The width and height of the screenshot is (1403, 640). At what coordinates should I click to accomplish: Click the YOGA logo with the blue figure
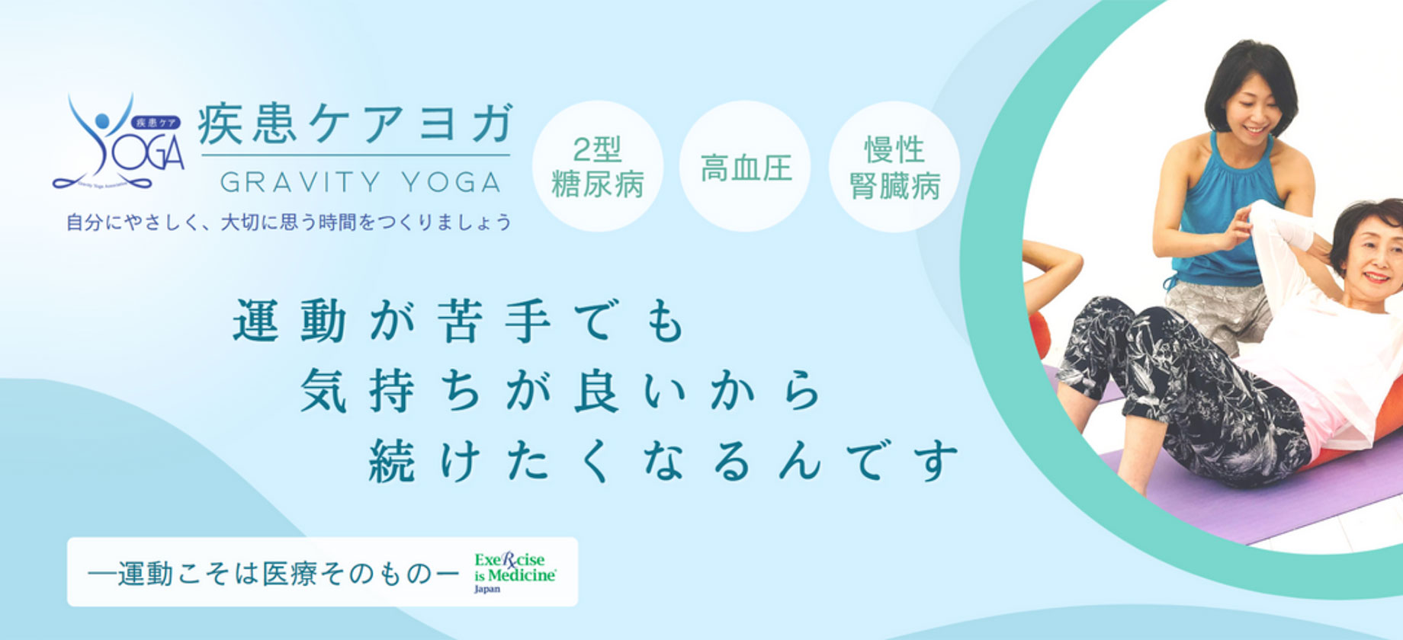click(118, 145)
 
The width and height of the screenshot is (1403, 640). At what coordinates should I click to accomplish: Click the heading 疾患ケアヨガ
click(355, 124)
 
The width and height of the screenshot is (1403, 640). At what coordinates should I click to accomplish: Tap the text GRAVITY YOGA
click(361, 182)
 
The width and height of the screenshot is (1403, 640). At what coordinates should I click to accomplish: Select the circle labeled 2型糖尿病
click(597, 167)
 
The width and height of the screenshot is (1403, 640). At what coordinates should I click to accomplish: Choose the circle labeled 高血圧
click(745, 167)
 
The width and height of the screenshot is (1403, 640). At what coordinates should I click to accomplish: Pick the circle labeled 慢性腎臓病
click(894, 167)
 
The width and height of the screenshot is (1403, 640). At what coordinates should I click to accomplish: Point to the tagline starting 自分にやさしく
click(289, 222)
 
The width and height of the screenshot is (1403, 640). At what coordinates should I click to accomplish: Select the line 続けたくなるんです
click(663, 460)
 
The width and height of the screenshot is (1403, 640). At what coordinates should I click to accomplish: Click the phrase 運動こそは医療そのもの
click(274, 574)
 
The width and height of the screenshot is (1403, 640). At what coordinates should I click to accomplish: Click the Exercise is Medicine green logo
click(515, 568)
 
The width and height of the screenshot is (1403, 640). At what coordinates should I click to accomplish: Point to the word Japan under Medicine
click(487, 589)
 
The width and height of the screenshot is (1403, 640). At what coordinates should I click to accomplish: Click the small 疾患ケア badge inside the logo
click(156, 122)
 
